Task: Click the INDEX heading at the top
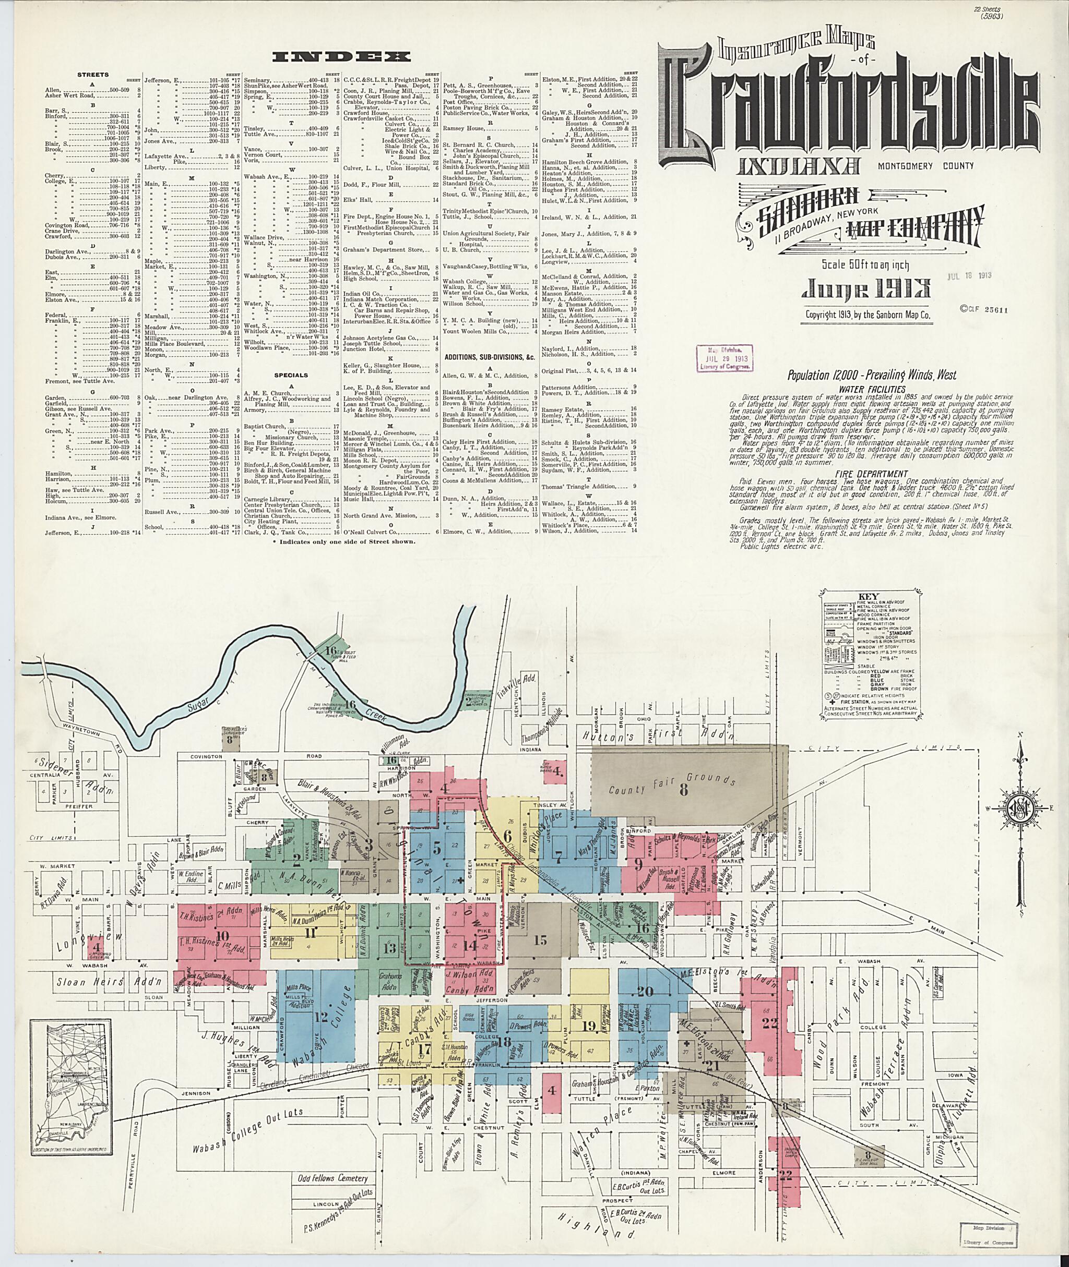(342, 57)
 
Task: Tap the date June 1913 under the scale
(866, 289)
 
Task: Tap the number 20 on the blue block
(645, 992)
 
